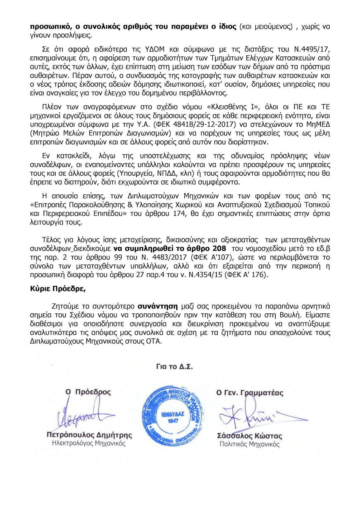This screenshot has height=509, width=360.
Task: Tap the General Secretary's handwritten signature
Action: click(255, 415)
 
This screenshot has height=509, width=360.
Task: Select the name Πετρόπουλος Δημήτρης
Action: click(89, 435)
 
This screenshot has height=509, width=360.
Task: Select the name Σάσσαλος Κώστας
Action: click(249, 436)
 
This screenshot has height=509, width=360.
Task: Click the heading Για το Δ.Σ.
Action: click(174, 366)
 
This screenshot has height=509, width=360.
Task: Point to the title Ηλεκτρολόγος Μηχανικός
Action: click(89, 443)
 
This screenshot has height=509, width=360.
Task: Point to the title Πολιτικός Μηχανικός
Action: click(249, 444)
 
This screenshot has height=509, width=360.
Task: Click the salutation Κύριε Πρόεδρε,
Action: click(58, 289)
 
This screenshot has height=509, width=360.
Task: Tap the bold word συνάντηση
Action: click(158, 306)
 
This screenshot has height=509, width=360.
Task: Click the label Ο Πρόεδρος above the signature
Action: click(88, 392)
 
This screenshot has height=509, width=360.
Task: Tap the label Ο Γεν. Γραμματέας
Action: click(250, 393)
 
